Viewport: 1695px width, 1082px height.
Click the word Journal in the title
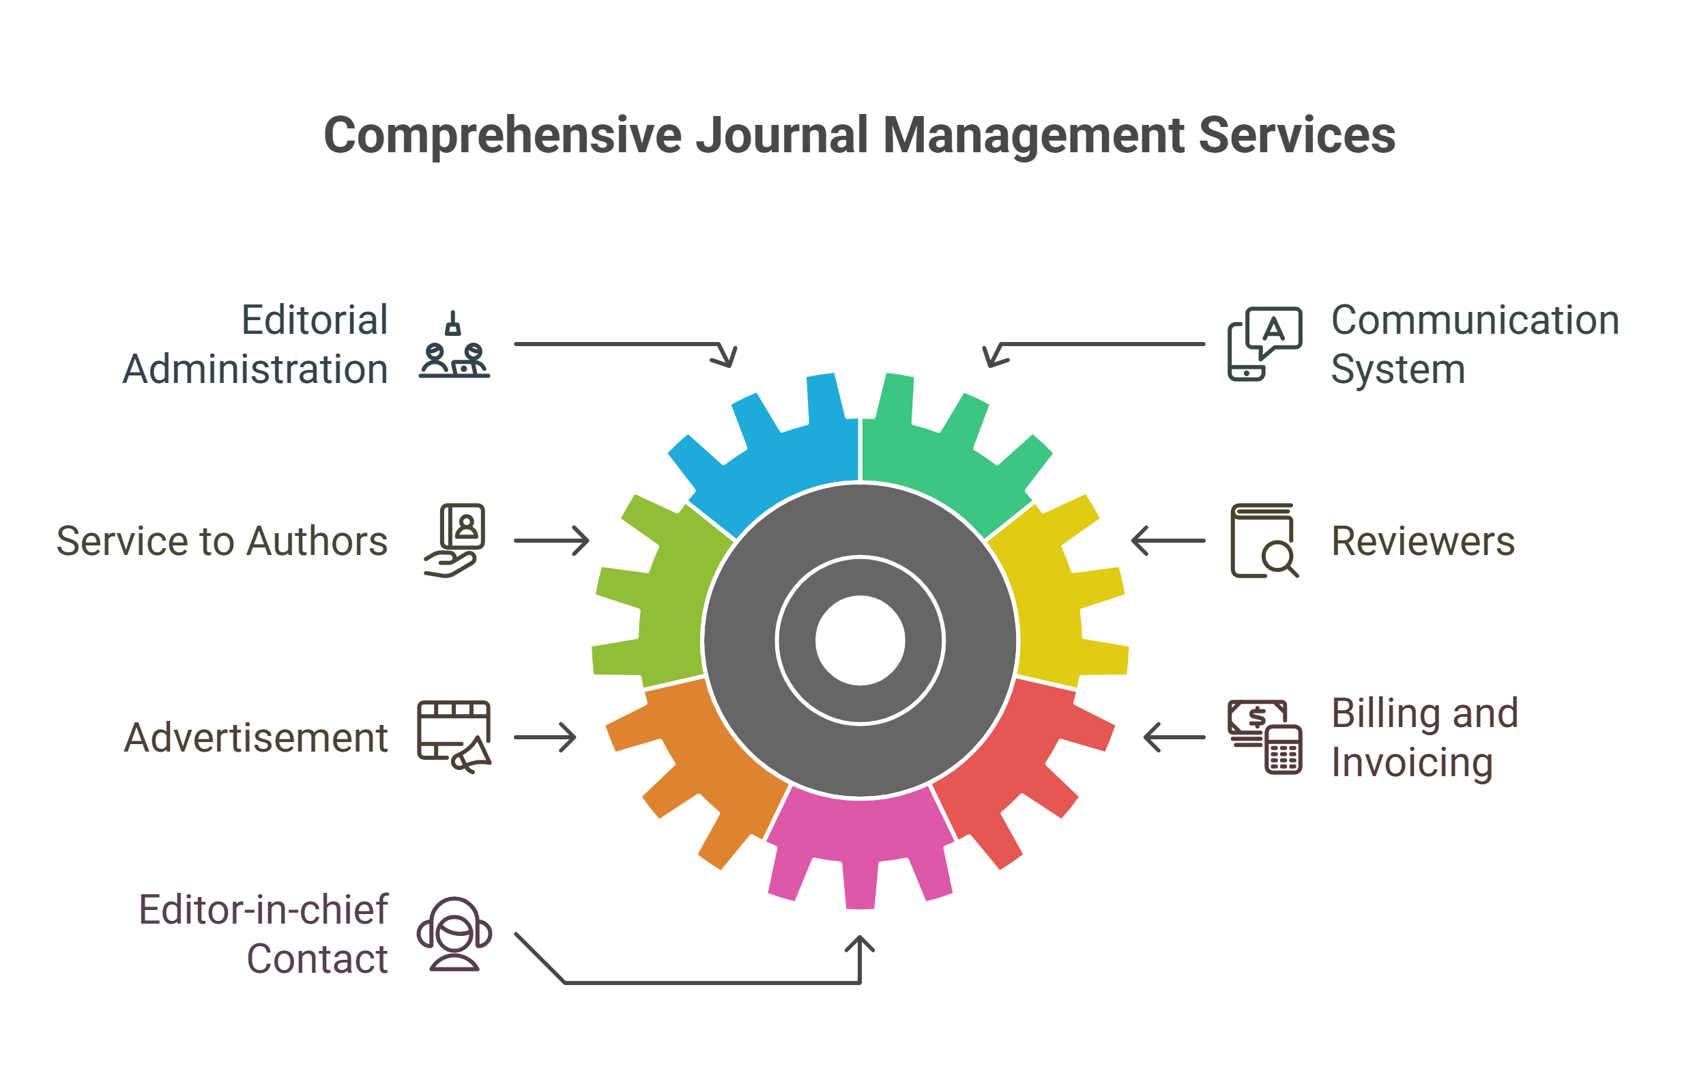point(781,135)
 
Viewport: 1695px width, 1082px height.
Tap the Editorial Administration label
point(257,344)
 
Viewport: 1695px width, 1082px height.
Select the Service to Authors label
point(222,541)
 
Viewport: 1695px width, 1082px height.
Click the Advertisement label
point(256,738)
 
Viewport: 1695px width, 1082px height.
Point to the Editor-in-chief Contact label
point(265,934)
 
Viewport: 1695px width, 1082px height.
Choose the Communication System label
point(1475,344)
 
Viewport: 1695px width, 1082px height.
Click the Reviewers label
point(1423,541)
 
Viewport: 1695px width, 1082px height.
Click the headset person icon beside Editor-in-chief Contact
point(454,934)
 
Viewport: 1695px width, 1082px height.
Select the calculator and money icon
point(1265,737)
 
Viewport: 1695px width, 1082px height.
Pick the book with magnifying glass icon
point(1264,541)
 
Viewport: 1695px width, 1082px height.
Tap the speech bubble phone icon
point(1264,344)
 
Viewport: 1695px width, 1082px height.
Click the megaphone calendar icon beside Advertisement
point(454,737)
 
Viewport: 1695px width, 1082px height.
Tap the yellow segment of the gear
point(1063,606)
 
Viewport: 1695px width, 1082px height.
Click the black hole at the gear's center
point(860,640)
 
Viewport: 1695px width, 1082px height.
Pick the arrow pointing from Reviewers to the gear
point(1168,541)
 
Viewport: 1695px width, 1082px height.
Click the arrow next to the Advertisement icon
point(545,737)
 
